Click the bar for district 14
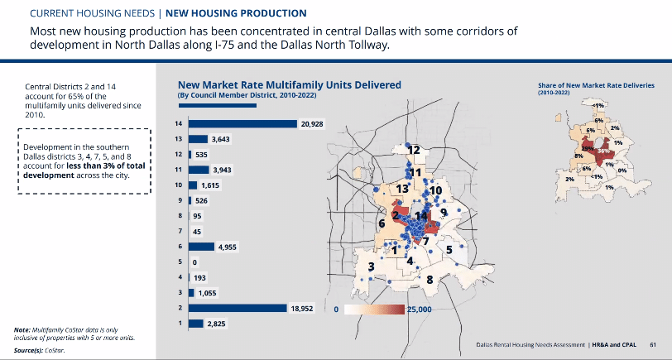coord(242,124)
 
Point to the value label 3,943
coord(223,170)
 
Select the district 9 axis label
coord(179,201)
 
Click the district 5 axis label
coord(179,262)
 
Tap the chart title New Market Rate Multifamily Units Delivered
coord(290,85)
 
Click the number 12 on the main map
coord(414,150)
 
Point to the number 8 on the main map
coord(430,280)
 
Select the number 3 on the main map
coord(372,266)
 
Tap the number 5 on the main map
coord(449,248)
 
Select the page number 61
coord(653,343)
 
